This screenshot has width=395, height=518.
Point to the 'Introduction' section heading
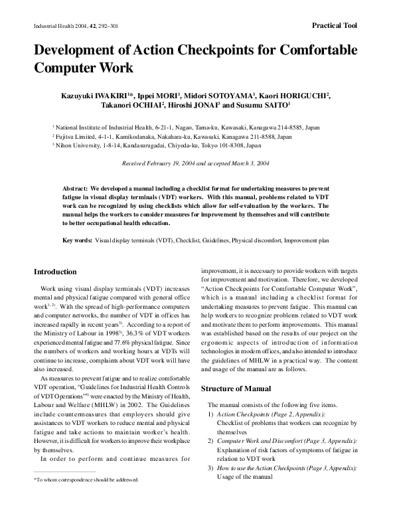coord(55,272)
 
